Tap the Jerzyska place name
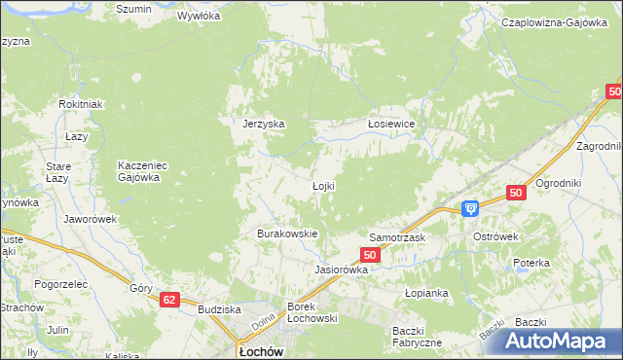263,125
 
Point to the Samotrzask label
397,237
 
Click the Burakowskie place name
287,234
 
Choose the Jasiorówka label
341,270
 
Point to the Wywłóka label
200,17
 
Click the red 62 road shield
170,301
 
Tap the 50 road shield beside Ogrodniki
517,194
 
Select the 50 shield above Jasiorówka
369,254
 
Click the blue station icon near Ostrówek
470,207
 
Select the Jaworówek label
90,219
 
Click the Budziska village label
219,309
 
